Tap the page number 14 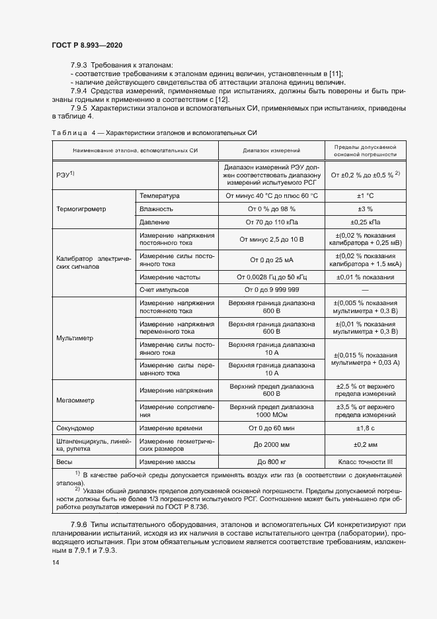[x=56, y=563]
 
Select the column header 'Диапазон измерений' [x=271, y=151]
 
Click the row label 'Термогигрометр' [x=82, y=209]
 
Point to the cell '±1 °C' [x=366, y=196]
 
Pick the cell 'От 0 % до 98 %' [x=271, y=209]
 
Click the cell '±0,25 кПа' [x=366, y=222]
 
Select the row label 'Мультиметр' [x=75, y=338]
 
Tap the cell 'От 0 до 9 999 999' [x=271, y=290]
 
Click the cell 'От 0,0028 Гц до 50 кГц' [x=271, y=277]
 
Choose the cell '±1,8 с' [x=366, y=428]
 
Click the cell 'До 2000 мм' [x=271, y=445]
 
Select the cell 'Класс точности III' [x=366, y=461]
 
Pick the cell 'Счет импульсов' [x=164, y=290]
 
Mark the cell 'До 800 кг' [x=271, y=461]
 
